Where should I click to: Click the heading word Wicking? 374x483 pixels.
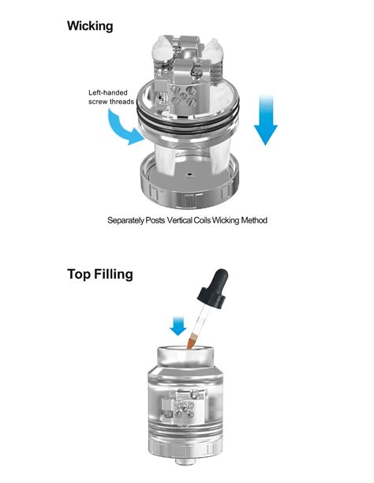90,26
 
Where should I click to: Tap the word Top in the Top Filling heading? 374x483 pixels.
80,275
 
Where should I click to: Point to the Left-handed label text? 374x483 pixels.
108,92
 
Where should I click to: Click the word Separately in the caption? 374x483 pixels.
129,220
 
